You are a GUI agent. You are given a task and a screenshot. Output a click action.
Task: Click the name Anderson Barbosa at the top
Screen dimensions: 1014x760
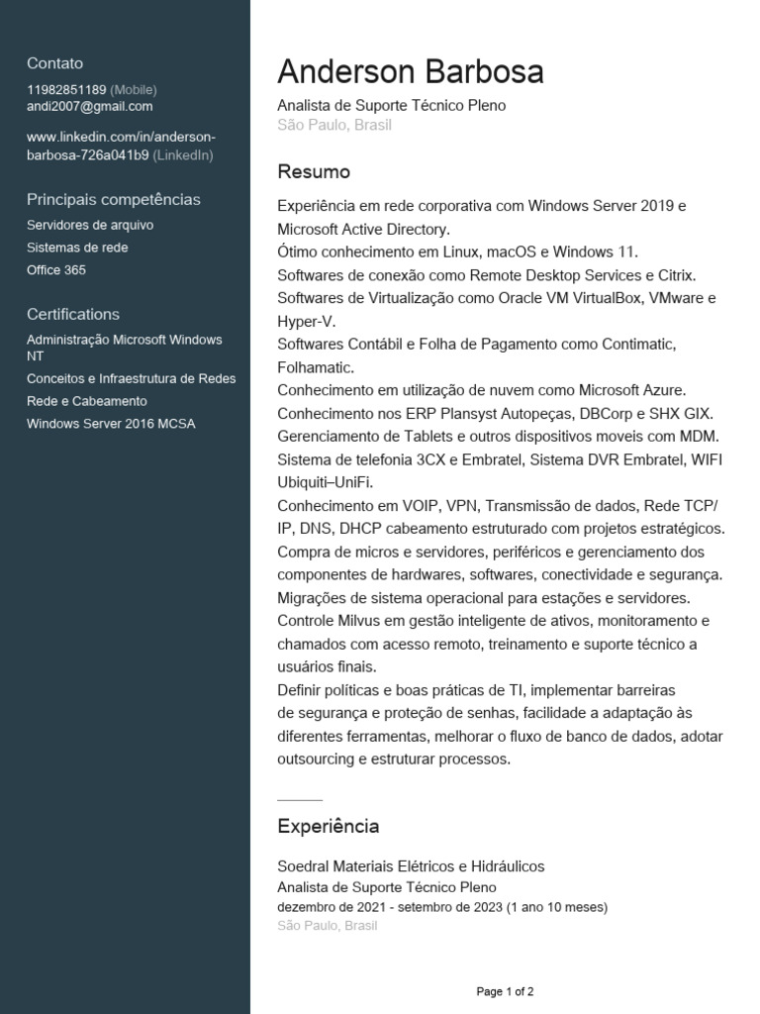point(410,72)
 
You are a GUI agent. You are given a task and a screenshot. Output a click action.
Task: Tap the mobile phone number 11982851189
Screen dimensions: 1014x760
point(66,89)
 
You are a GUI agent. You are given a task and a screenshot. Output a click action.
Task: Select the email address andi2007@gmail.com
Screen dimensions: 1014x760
point(90,106)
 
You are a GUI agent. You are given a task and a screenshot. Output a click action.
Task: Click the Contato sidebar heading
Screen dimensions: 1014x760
point(55,63)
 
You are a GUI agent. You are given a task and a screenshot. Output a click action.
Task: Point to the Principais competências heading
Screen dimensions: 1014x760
point(114,199)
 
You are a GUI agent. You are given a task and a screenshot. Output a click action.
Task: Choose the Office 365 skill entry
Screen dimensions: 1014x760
point(56,269)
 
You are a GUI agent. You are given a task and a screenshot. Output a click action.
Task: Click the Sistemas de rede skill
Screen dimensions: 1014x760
point(77,248)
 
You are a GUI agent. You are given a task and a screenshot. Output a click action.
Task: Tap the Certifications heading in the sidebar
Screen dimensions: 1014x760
point(73,314)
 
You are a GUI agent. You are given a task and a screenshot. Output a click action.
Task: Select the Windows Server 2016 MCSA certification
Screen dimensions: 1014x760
point(111,424)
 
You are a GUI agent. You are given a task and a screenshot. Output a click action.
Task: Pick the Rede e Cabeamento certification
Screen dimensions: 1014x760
point(87,401)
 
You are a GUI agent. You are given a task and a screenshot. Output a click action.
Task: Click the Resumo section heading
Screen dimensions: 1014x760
point(314,171)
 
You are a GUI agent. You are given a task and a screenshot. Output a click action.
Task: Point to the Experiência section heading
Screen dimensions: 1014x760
point(328,826)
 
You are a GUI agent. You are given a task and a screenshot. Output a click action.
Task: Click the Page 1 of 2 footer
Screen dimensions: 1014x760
point(505,990)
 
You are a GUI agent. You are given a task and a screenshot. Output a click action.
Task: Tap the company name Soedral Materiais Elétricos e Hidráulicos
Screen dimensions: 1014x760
point(411,866)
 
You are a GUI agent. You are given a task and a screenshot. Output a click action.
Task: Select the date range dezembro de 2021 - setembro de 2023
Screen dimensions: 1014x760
point(390,907)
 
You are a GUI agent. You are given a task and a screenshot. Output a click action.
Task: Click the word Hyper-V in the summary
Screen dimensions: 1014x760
point(306,321)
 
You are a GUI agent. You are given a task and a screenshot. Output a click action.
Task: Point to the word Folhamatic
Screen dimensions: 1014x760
point(315,367)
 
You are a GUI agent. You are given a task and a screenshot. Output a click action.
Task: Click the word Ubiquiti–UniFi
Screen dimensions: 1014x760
point(326,482)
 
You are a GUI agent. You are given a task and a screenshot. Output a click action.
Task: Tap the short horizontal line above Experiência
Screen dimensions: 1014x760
point(300,799)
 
